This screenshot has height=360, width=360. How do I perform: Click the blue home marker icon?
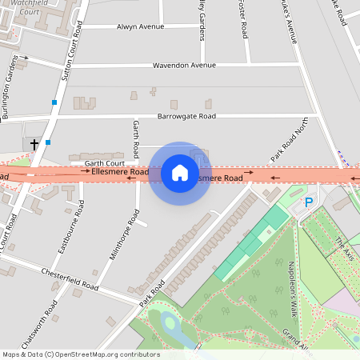180,173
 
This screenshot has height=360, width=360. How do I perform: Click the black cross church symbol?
34,144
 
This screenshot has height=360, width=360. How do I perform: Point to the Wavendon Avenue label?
184,65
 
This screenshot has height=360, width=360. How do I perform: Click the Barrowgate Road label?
186,116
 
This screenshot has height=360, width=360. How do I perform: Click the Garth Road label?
136,138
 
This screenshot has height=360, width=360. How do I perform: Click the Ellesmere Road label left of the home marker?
120,172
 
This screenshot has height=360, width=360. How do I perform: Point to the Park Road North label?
290,142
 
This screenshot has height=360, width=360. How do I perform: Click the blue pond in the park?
170,324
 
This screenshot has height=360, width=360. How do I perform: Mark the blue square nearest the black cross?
48,142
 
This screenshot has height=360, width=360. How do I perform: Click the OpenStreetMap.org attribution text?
104,354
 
